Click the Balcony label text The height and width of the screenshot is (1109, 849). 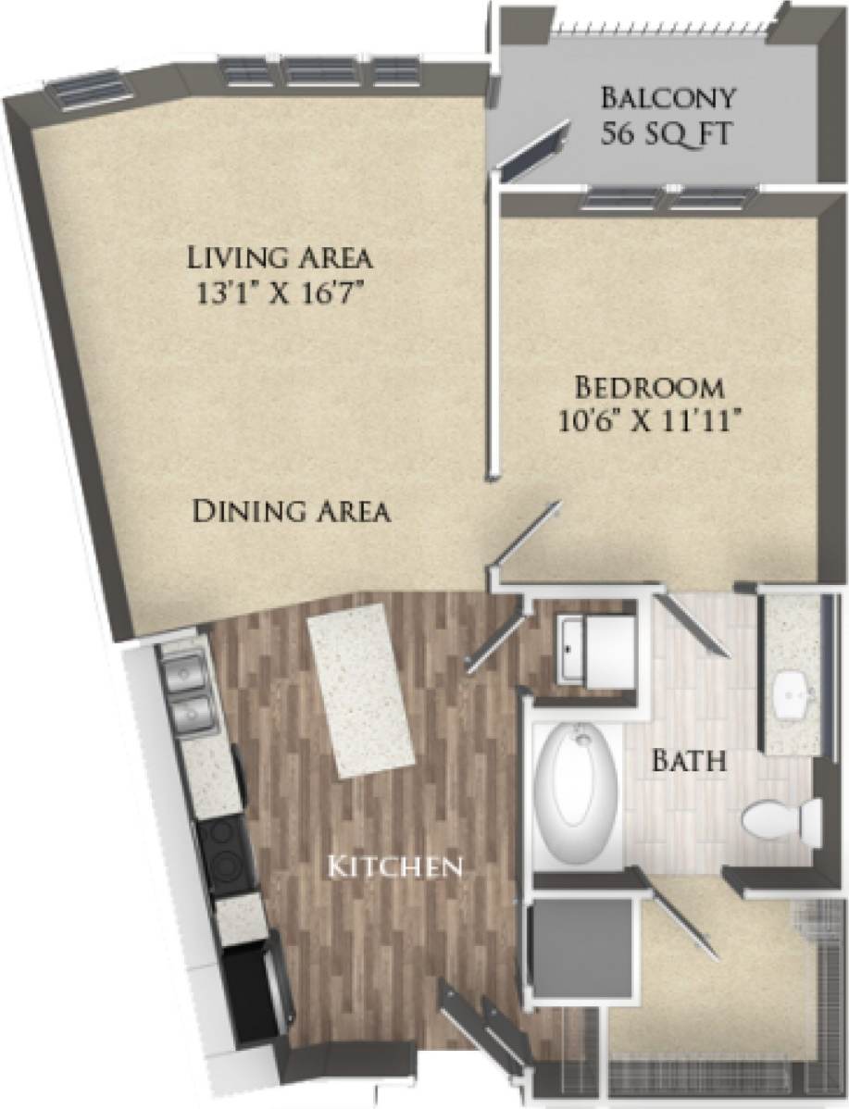(x=668, y=97)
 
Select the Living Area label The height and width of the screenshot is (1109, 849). (x=280, y=255)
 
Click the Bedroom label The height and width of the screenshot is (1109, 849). (x=647, y=385)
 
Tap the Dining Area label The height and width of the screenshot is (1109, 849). (x=291, y=511)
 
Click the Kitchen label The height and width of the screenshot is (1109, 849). (x=396, y=867)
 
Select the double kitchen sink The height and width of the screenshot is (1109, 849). (x=187, y=689)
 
